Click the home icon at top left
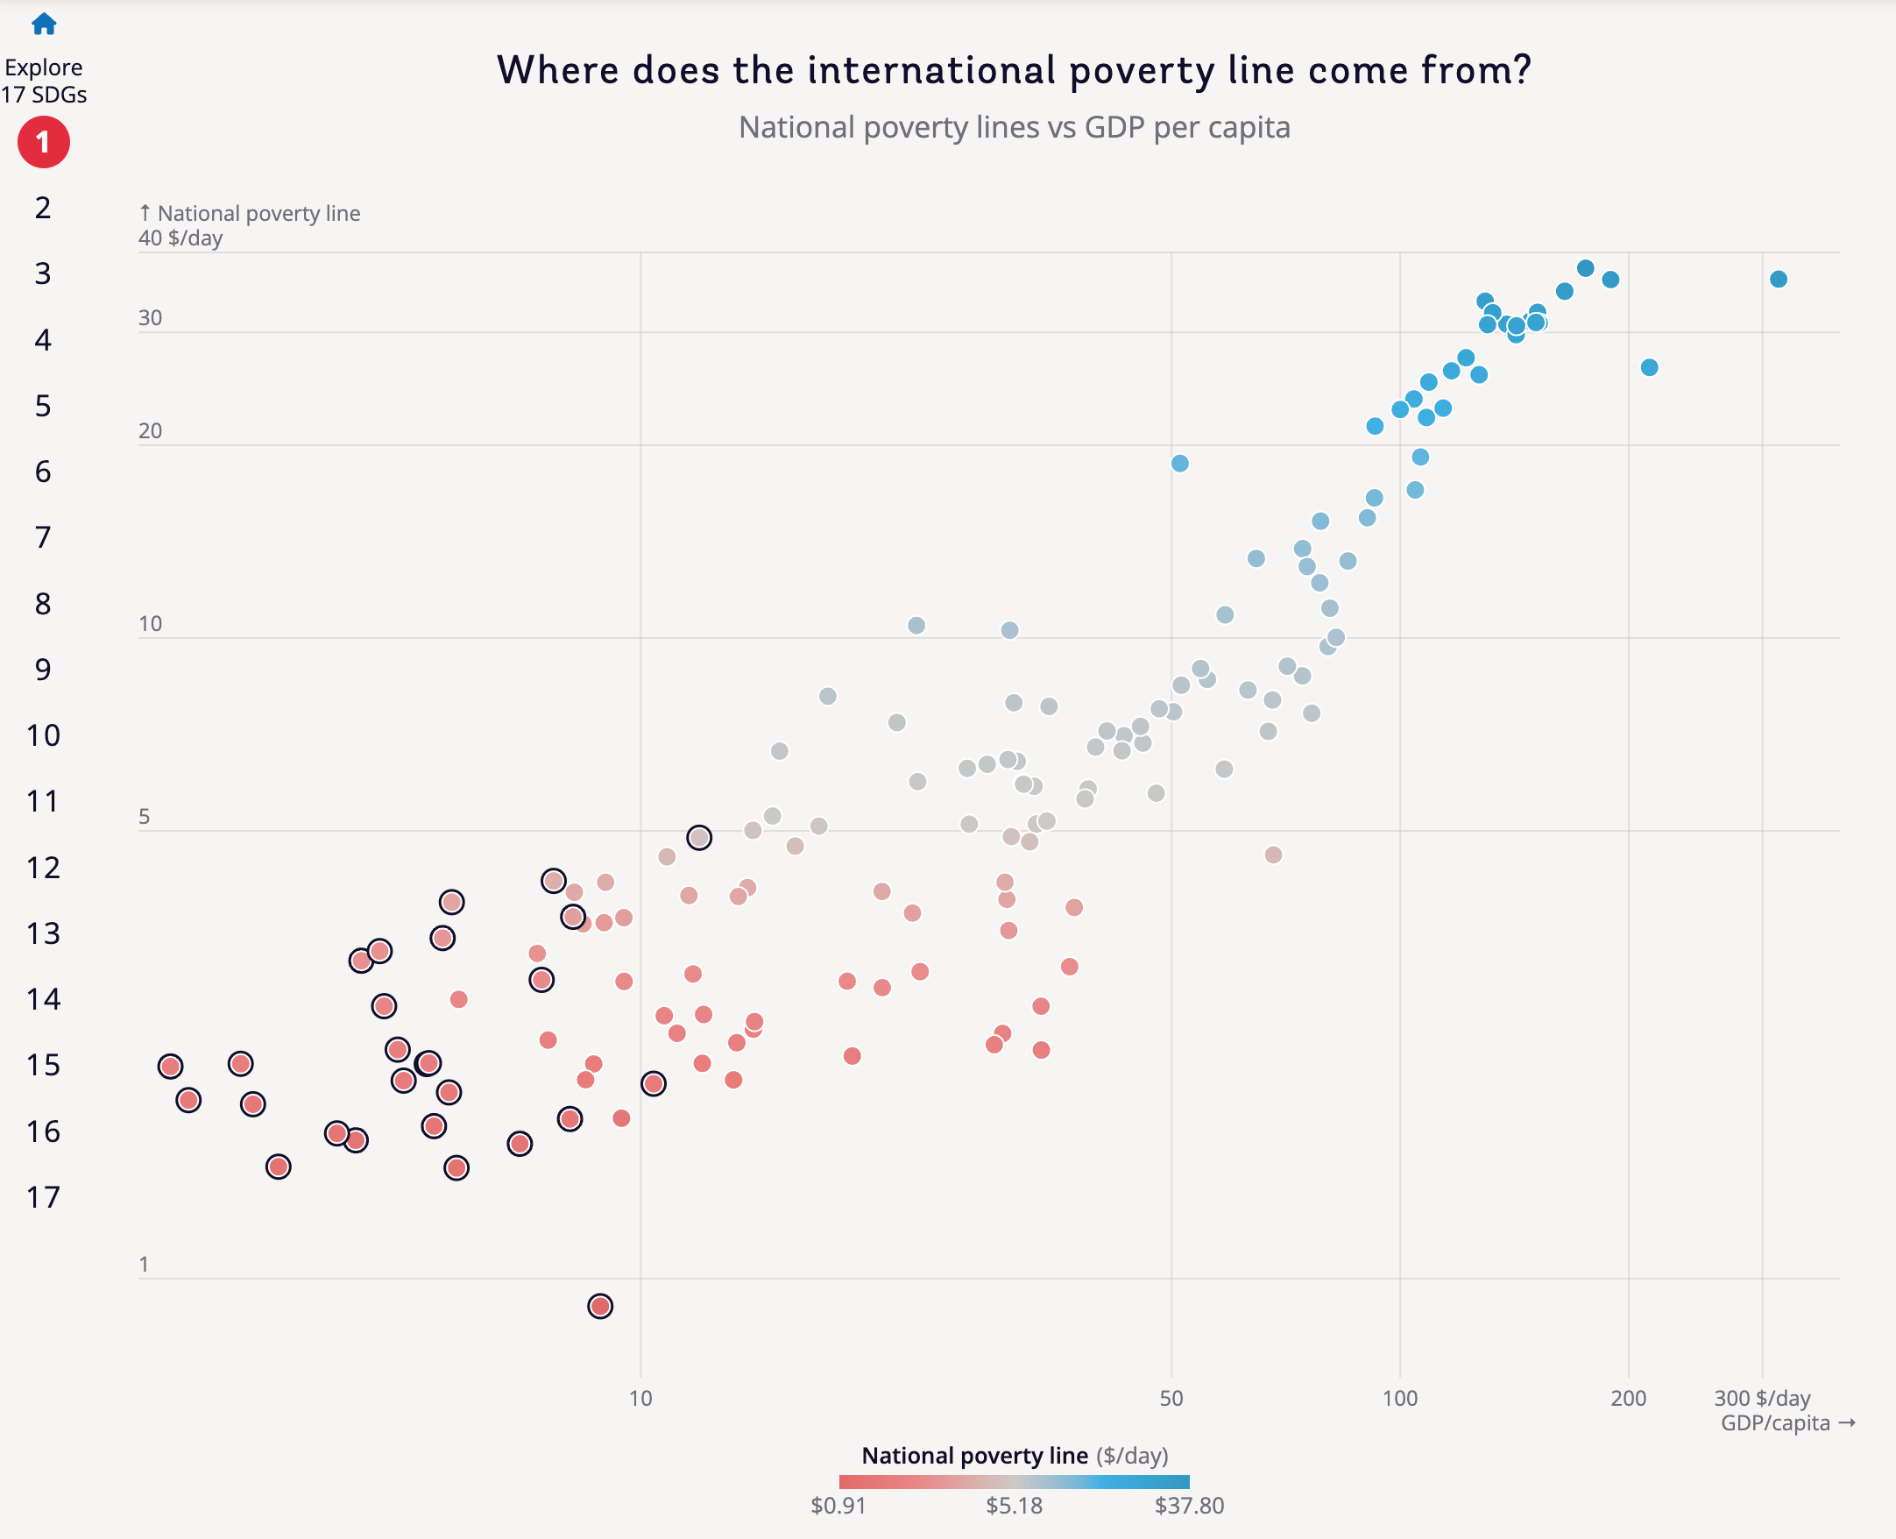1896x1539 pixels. pos(44,24)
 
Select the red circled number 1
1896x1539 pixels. pos(44,143)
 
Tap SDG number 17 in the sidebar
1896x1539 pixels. pos(43,1198)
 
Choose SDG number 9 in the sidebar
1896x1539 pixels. pos(43,670)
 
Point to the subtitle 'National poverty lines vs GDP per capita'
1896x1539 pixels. pos(1014,128)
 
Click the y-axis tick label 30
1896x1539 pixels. pos(151,318)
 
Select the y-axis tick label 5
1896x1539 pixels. pos(145,817)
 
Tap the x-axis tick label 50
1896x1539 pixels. pos(1171,1399)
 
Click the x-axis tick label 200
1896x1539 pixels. pos(1627,1399)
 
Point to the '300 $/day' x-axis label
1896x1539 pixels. pos(1761,1399)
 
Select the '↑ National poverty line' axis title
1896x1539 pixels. pos(250,214)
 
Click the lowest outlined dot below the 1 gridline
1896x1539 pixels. pos(600,1306)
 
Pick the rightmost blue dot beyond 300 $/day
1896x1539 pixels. pos(1778,280)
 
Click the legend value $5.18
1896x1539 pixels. pos(1014,1506)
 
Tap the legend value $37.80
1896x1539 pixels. pos(1189,1506)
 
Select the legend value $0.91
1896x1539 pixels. pos(838,1506)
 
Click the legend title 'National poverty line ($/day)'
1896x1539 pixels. pos(1014,1456)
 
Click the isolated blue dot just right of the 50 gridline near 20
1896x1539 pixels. pos(1180,464)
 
